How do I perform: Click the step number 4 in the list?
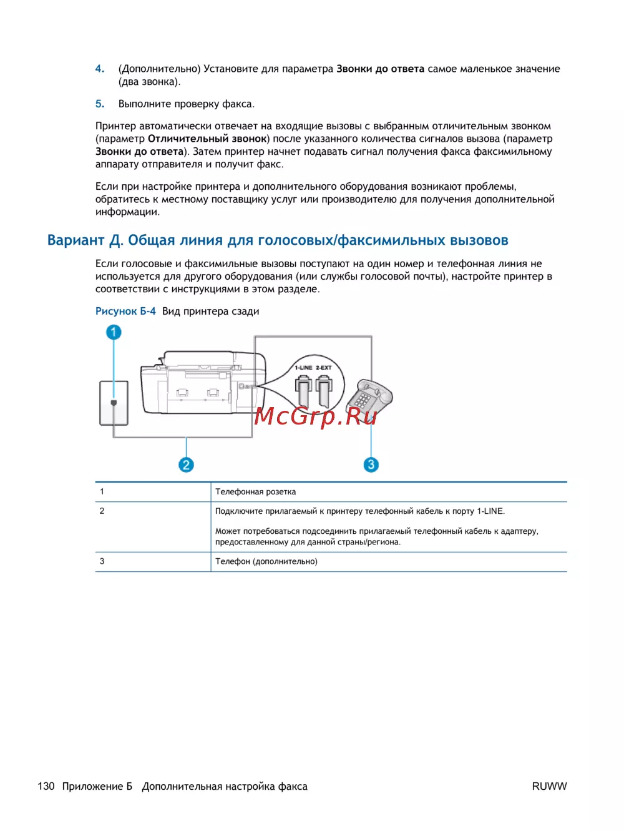[x=99, y=69]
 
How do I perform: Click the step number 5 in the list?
[x=99, y=104]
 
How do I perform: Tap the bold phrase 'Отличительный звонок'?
[x=207, y=139]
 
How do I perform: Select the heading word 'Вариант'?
[x=76, y=240]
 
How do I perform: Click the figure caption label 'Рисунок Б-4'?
[x=125, y=311]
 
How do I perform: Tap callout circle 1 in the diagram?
[x=114, y=332]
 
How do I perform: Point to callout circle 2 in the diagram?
[x=186, y=465]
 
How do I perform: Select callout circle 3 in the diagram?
[x=371, y=465]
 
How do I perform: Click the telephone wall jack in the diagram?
[x=114, y=403]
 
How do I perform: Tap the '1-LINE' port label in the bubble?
[x=303, y=368]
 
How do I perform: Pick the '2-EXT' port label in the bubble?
[x=324, y=368]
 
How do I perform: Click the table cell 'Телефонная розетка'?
[x=256, y=492]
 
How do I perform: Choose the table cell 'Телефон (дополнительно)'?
[x=266, y=561]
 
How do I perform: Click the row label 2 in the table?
[x=102, y=511]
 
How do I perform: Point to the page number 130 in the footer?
[x=46, y=786]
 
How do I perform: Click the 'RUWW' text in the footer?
[x=549, y=786]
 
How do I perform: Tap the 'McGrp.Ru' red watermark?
[x=316, y=415]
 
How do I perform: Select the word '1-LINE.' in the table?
[x=490, y=511]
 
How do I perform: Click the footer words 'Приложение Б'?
[x=97, y=786]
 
